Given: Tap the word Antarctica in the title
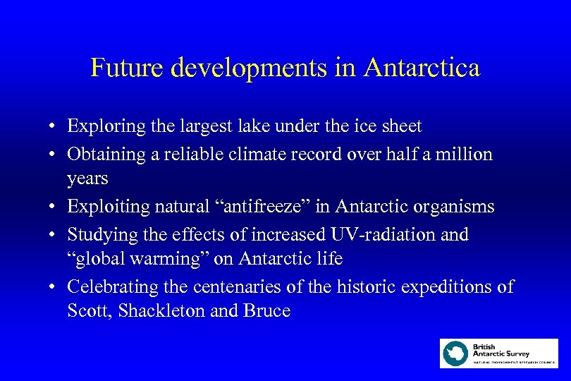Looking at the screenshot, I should click(422, 68).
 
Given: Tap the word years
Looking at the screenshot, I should click(87, 179).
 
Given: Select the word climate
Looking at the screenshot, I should click(256, 153).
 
